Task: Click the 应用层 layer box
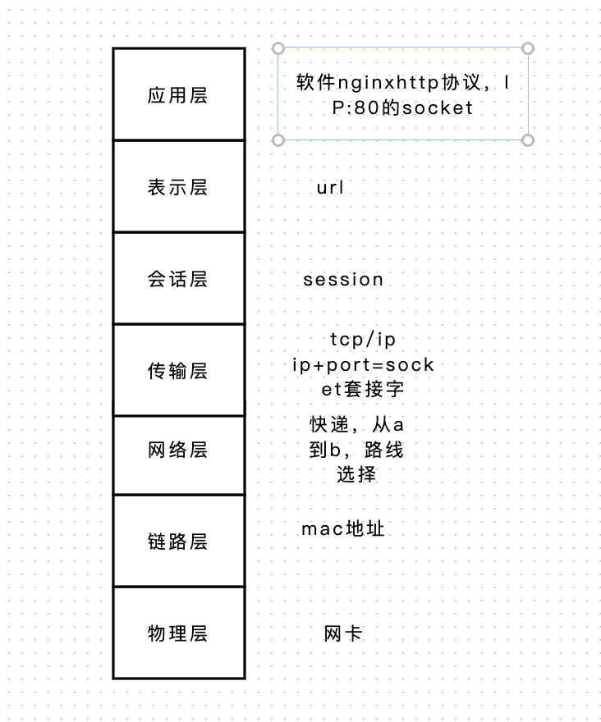coord(178,94)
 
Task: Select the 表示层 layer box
coord(178,186)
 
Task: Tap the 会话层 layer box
coord(178,278)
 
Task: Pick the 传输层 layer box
coord(178,370)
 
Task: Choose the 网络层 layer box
coord(178,455)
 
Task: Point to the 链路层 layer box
coord(178,541)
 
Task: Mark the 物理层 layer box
coord(178,633)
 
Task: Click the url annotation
coord(330,188)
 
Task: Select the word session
coord(343,279)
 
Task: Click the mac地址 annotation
coord(342,529)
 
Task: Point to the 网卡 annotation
coord(342,633)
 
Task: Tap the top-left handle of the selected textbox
coord(278,48)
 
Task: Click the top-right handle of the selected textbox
coord(528,48)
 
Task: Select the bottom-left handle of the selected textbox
coord(278,140)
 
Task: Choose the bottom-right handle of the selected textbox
coord(528,140)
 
